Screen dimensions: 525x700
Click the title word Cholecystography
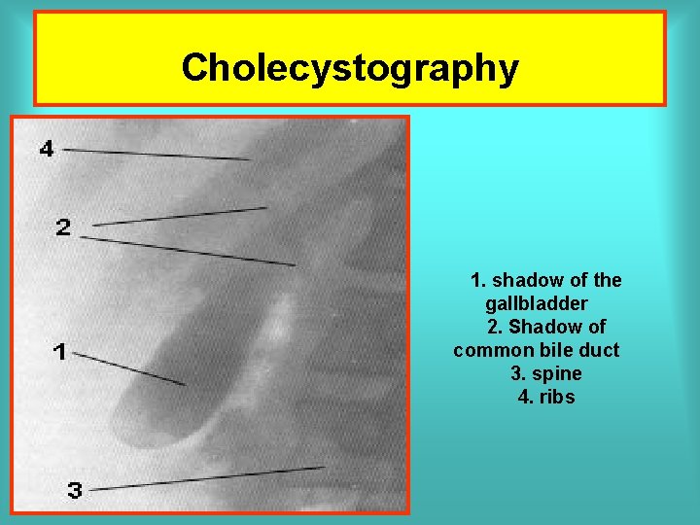point(349,68)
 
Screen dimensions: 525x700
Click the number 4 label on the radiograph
point(48,149)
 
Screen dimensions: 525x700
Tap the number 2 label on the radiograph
point(63,227)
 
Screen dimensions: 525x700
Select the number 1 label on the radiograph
point(60,352)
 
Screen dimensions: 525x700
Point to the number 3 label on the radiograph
point(75,491)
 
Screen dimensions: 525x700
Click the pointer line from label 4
point(156,154)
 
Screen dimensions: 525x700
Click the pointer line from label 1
point(130,368)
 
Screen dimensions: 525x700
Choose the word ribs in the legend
point(558,397)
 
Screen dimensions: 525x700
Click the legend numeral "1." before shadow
point(477,281)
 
